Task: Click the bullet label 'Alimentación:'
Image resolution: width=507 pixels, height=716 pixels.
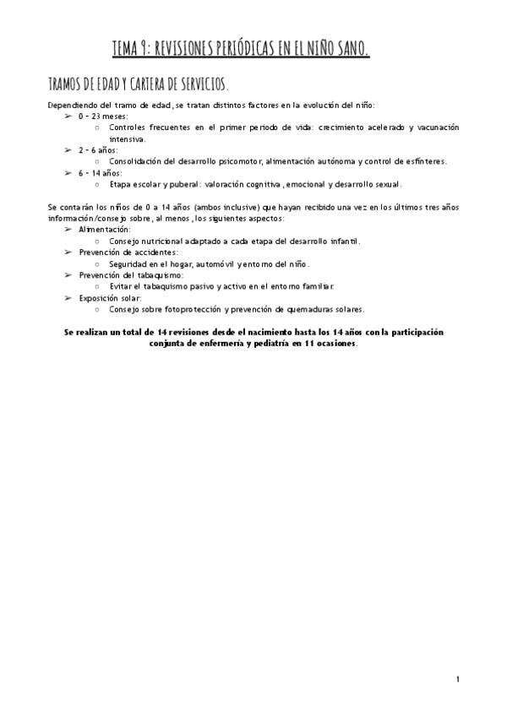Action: (x=104, y=230)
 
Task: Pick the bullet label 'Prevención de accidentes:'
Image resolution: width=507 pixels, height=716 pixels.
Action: (x=128, y=252)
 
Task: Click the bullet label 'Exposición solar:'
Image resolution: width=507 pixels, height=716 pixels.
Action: (x=110, y=298)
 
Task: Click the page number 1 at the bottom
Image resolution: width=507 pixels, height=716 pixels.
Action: (x=456, y=678)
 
